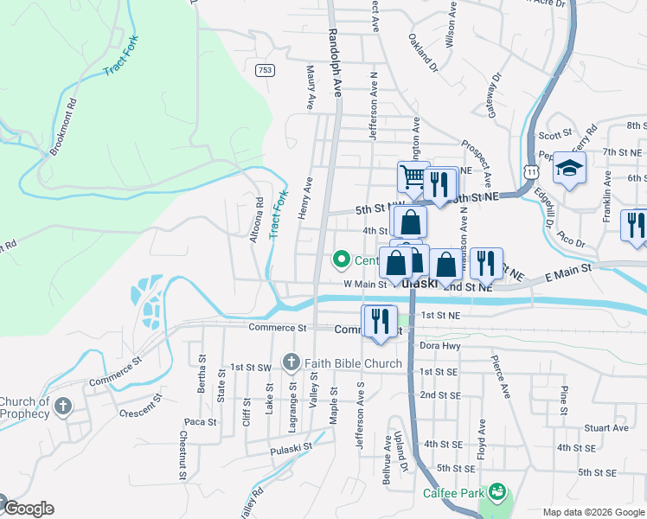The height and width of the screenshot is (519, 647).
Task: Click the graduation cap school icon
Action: (570, 168)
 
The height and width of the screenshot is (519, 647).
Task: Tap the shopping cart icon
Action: (413, 177)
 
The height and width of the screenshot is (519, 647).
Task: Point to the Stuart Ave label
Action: (605, 427)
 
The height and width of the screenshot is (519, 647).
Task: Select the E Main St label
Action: (568, 272)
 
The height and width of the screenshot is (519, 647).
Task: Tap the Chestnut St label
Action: (183, 455)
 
